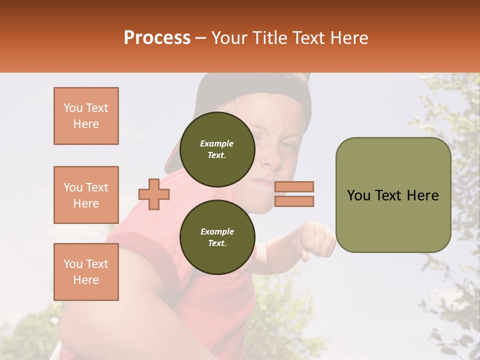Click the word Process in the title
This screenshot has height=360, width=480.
157,38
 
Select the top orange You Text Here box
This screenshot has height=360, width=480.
86,116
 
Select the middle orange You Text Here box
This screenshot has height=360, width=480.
86,195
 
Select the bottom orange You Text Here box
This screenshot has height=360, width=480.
86,272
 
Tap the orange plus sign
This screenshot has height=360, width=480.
154,194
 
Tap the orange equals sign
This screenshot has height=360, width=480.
294,194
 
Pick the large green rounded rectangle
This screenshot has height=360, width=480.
393,195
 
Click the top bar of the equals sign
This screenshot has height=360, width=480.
294,187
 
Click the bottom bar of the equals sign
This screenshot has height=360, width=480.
294,201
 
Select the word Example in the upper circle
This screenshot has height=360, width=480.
217,143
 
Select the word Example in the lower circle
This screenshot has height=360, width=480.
217,231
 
